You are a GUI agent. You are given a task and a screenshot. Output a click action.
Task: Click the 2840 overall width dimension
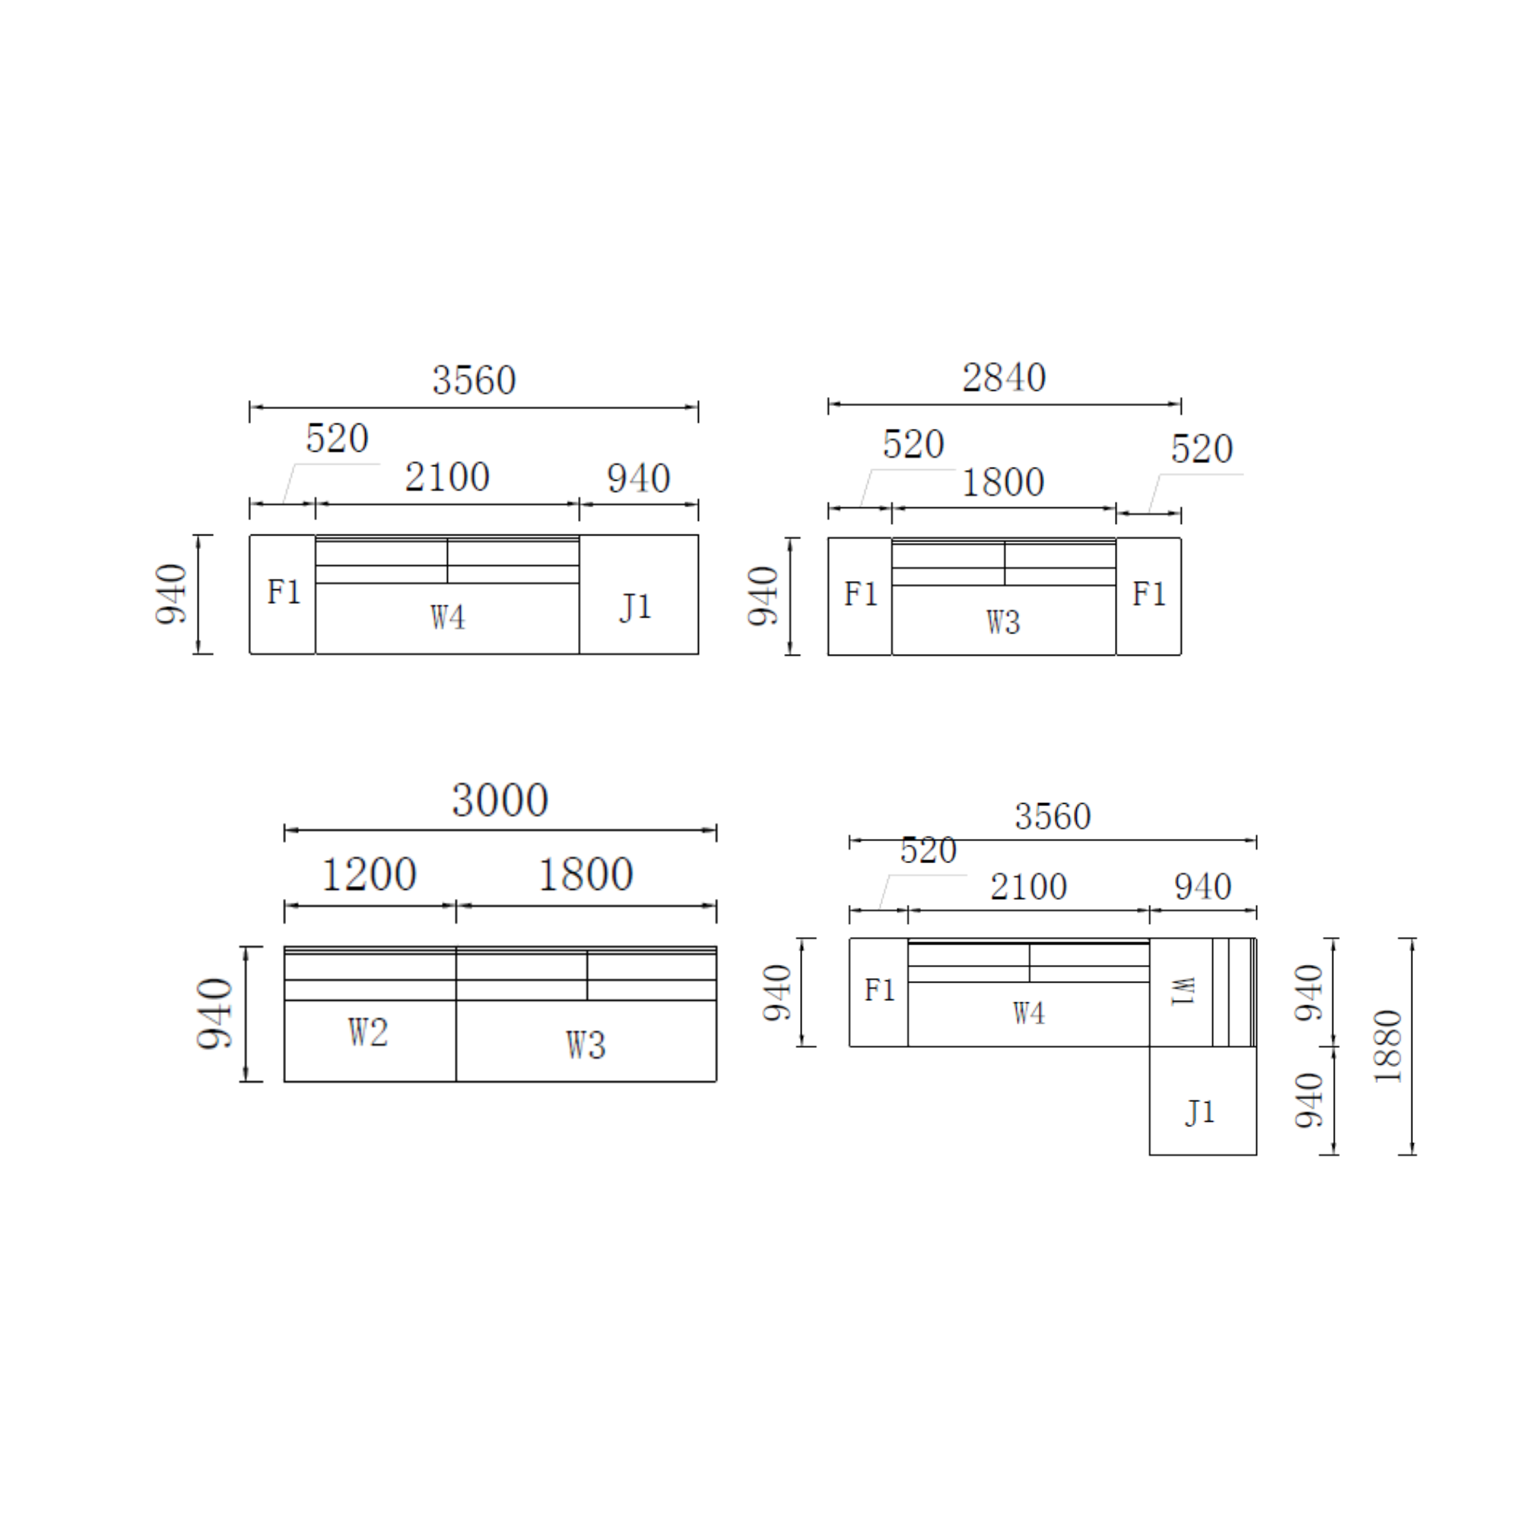(1004, 378)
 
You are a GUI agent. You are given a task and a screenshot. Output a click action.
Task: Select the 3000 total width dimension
(500, 801)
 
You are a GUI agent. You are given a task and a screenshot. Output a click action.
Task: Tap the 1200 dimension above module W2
(370, 875)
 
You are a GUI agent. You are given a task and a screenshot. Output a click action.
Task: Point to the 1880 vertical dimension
(1389, 1046)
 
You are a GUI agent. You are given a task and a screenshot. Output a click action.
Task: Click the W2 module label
(368, 1032)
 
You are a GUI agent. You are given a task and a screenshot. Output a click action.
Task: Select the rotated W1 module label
(1183, 991)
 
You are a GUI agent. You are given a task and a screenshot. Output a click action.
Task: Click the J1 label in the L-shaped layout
(1201, 1113)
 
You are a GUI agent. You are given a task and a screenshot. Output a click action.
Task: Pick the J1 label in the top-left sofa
(636, 607)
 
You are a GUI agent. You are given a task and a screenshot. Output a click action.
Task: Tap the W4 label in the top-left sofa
(448, 618)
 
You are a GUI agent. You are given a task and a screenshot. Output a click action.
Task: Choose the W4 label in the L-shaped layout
(1029, 1013)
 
